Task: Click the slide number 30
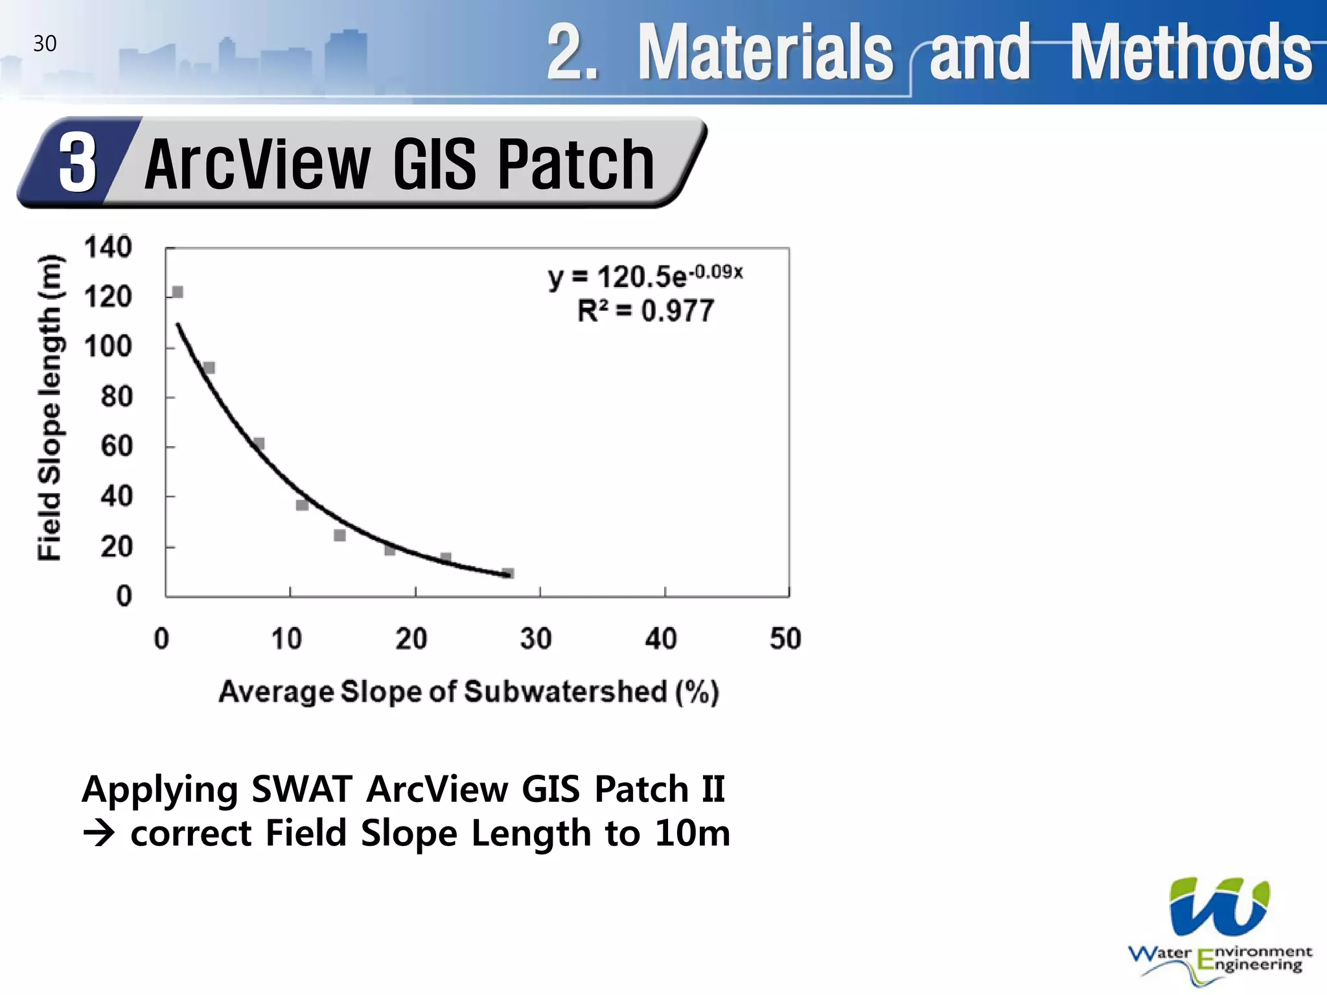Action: [x=45, y=43]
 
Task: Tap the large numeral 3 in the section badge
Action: [x=78, y=163]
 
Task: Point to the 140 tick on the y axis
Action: [x=108, y=247]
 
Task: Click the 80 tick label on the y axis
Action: [x=117, y=396]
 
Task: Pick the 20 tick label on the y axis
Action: [x=117, y=547]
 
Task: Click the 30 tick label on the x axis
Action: [x=536, y=639]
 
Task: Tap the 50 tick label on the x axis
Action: [x=785, y=639]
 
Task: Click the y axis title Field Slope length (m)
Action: [x=50, y=408]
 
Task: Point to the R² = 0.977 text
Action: [x=645, y=311]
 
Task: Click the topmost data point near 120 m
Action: [x=178, y=292]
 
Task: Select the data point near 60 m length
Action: [x=259, y=444]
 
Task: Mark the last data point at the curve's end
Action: [x=509, y=573]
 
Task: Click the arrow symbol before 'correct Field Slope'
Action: [x=98, y=834]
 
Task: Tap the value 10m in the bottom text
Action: [x=692, y=833]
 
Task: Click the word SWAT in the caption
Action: [x=301, y=789]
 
